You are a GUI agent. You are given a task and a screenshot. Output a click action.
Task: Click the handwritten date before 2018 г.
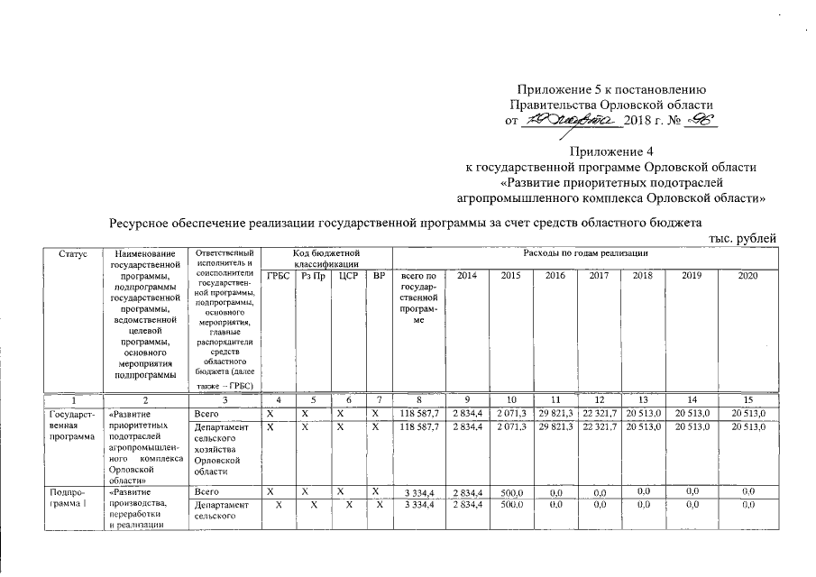pos(568,121)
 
